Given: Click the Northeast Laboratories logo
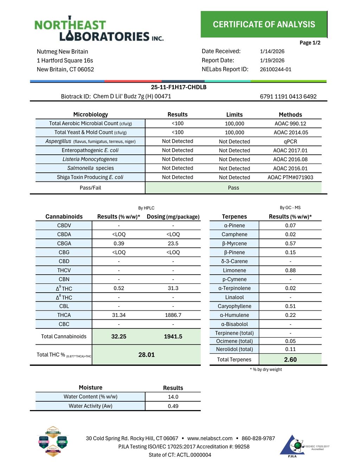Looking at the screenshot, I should click(x=99, y=29).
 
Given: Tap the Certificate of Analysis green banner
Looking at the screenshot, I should click(x=264, y=24).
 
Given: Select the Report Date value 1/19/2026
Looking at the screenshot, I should click(x=272, y=60).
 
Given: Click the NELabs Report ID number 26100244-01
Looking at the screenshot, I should click(x=276, y=69).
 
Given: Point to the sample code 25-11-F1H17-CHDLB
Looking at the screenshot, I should click(x=179, y=87).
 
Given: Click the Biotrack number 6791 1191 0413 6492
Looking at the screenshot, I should click(x=288, y=96).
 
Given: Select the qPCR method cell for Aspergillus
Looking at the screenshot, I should click(x=290, y=141).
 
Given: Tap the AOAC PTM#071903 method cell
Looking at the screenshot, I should click(x=290, y=177).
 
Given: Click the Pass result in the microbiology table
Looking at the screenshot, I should click(x=233, y=188).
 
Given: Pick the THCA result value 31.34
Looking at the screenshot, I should click(x=119, y=315).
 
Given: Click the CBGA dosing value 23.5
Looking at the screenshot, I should click(x=173, y=243).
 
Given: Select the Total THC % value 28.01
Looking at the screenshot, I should click(x=146, y=355).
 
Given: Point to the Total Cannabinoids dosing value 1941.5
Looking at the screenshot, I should click(x=173, y=337).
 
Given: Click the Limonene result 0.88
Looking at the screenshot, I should click(x=290, y=270).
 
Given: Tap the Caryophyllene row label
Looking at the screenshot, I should click(x=234, y=306).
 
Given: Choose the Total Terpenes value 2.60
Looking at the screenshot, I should click(x=290, y=359).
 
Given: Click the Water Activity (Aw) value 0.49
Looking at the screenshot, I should click(x=173, y=406).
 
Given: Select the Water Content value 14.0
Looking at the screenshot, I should click(x=173, y=397).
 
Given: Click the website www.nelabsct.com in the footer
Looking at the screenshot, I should click(x=210, y=438).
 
